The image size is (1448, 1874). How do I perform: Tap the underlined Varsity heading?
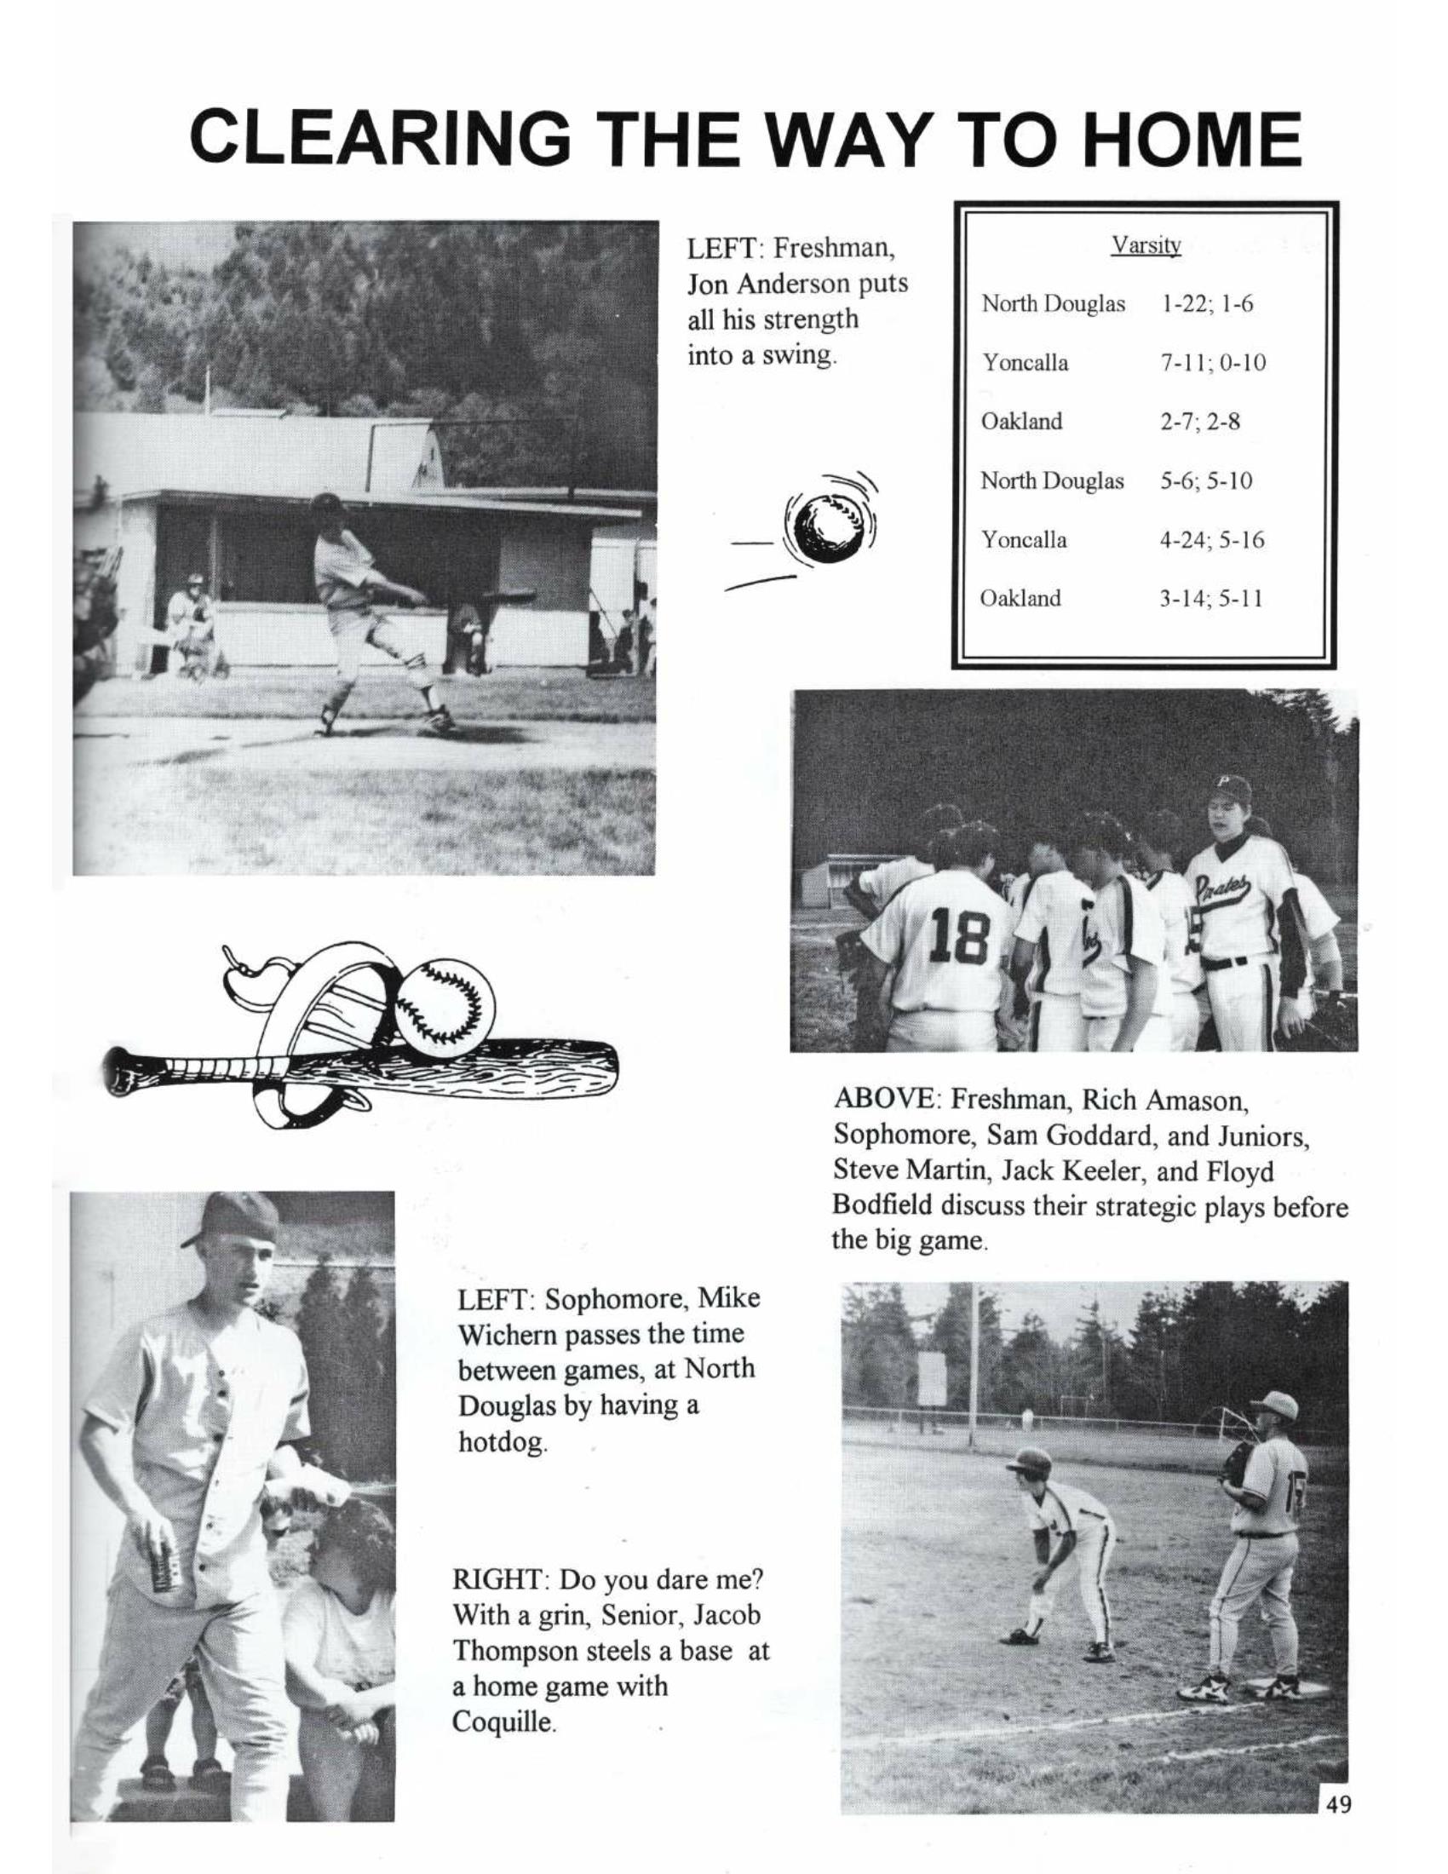(1146, 246)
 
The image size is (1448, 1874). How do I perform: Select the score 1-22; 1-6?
(1207, 304)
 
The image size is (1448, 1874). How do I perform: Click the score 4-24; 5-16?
(1212, 541)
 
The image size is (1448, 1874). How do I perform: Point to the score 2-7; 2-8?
(1200, 423)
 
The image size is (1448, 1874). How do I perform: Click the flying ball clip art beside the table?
(825, 528)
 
